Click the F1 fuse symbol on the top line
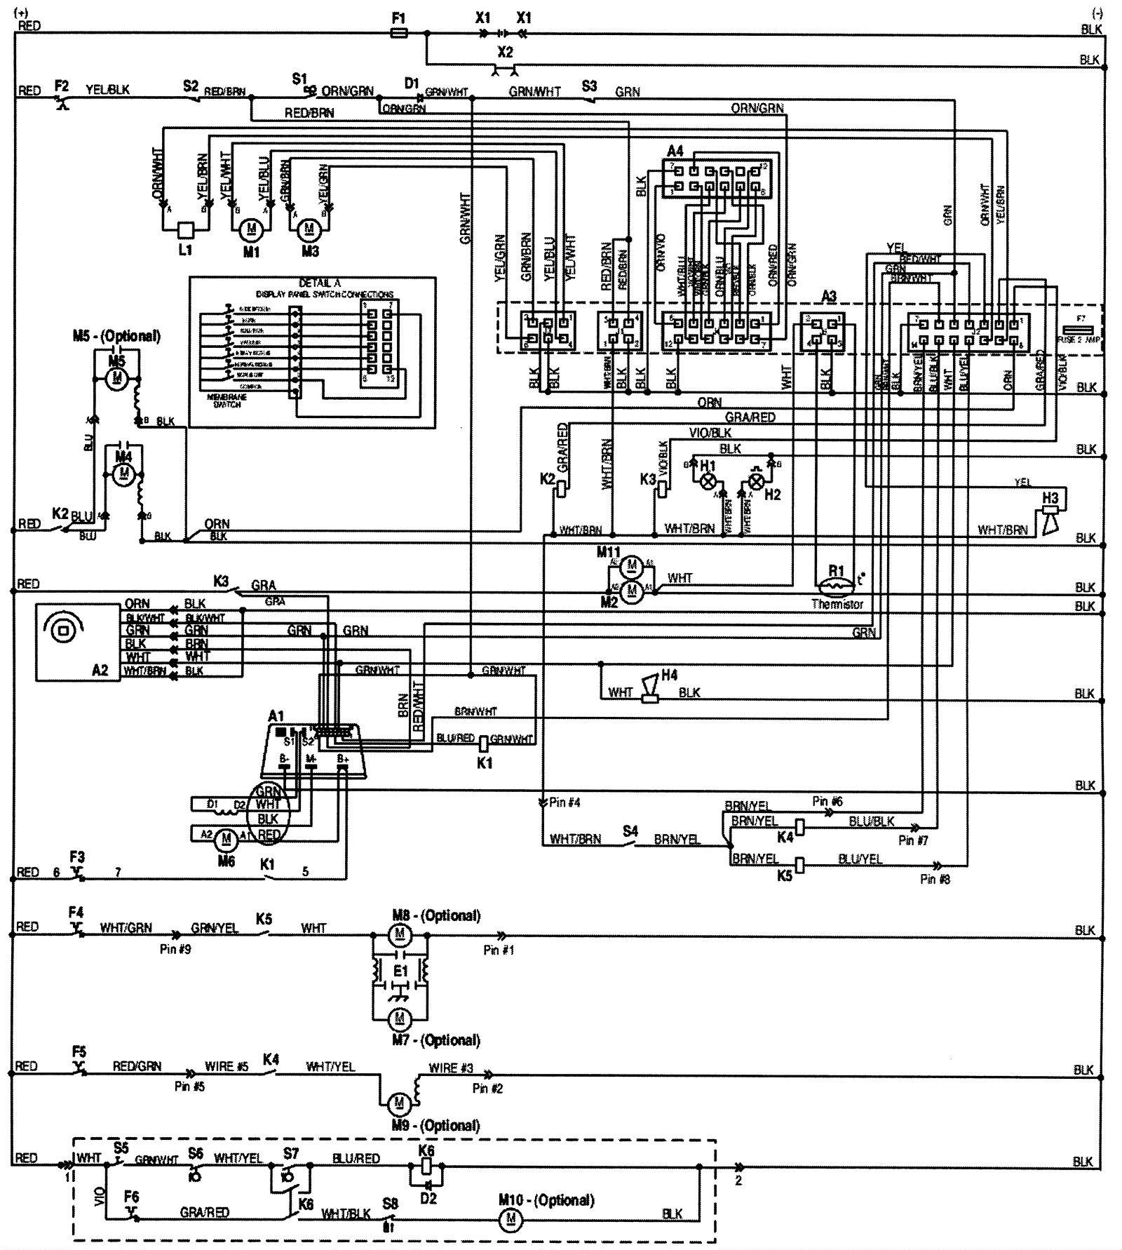(x=398, y=33)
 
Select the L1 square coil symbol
(x=186, y=229)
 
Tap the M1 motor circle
(x=251, y=229)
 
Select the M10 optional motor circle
(x=511, y=1219)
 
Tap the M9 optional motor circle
(x=399, y=1104)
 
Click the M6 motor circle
(x=226, y=838)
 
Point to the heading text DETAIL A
(x=319, y=283)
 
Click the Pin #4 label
(x=565, y=802)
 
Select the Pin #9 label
(x=175, y=949)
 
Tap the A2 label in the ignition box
(x=100, y=670)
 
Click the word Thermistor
(x=837, y=604)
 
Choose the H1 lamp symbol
(x=709, y=482)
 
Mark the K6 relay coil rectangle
(x=424, y=1167)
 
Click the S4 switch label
(x=630, y=831)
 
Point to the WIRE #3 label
(x=451, y=1068)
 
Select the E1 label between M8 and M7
(x=400, y=972)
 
